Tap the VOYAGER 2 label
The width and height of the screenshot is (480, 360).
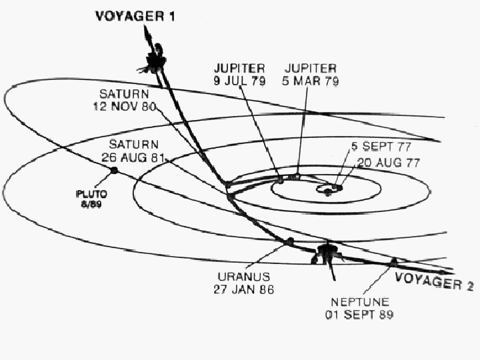tap(434, 281)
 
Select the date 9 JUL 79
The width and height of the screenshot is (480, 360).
tap(239, 82)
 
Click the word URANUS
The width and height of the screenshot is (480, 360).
tap(243, 277)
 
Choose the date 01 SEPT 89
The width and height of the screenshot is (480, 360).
tap(359, 314)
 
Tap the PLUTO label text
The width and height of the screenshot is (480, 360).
tap(91, 194)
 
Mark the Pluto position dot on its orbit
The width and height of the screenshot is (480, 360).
tap(114, 171)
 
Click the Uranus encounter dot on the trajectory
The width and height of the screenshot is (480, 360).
tap(290, 241)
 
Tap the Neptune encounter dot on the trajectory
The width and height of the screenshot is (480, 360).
tap(394, 263)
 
